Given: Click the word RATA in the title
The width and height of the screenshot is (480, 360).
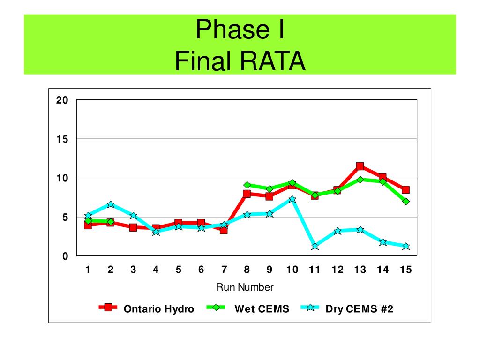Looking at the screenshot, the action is (x=273, y=61).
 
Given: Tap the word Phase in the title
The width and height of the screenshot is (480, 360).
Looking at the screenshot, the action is (x=232, y=30).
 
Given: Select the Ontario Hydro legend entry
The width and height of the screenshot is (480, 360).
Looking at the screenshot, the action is (x=146, y=308).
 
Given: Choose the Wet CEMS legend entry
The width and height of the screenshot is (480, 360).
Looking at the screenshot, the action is (x=248, y=308).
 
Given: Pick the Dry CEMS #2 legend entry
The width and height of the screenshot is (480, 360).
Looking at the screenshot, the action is (x=347, y=308).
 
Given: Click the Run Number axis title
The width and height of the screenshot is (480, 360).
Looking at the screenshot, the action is (x=245, y=287).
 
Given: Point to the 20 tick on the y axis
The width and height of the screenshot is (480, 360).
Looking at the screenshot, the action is (x=62, y=100).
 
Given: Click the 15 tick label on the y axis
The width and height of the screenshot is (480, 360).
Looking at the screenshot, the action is (x=62, y=139).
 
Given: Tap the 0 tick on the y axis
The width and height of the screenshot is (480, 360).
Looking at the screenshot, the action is (x=65, y=256).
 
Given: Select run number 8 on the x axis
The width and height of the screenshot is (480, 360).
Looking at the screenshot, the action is (x=247, y=270).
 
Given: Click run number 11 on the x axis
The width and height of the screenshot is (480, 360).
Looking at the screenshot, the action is (x=315, y=270).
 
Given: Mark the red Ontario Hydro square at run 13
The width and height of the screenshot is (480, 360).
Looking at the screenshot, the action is (x=360, y=166).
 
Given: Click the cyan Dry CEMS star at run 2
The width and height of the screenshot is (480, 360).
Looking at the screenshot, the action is (x=111, y=204).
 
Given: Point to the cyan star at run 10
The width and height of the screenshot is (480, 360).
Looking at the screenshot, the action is (x=292, y=199).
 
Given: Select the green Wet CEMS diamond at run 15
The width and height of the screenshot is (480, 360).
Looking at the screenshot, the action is (x=406, y=202).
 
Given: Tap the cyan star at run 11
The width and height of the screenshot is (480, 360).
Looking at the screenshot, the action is (x=315, y=246).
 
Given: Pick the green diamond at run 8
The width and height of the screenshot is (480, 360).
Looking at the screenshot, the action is (x=247, y=185).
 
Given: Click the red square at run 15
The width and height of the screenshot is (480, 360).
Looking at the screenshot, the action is (x=405, y=190).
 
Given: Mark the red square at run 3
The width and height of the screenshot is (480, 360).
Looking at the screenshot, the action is (x=133, y=227).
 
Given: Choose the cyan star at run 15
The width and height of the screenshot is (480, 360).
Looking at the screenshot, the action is (x=406, y=247).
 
